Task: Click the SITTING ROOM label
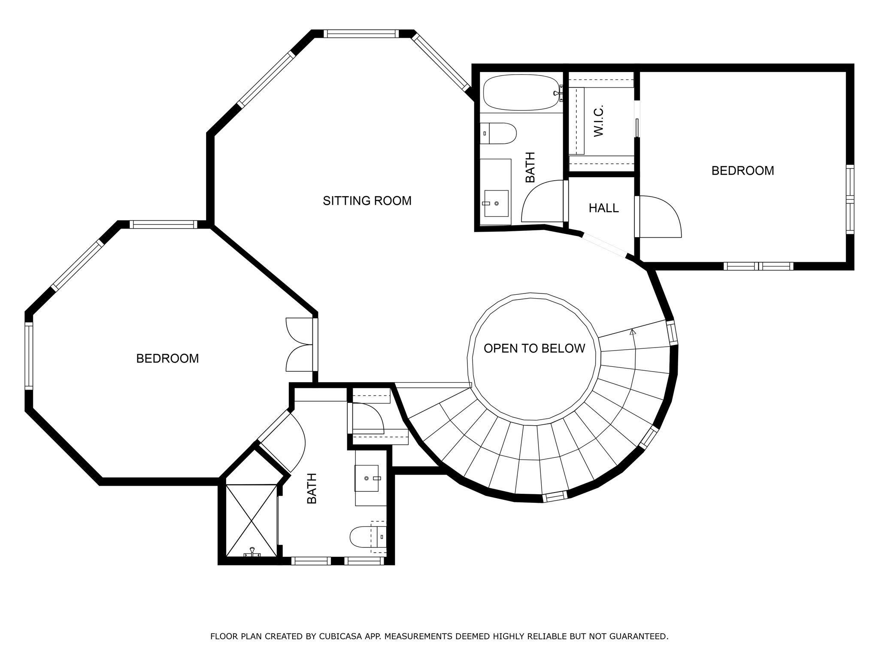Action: (367, 201)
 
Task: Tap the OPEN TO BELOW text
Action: (534, 348)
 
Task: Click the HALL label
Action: (603, 208)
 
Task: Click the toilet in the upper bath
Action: (500, 133)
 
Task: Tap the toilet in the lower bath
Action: (365, 537)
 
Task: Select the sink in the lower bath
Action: (367, 478)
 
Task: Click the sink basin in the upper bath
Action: (496, 203)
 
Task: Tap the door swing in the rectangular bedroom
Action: (659, 217)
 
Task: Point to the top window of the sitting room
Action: (361, 34)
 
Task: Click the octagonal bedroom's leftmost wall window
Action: (29, 356)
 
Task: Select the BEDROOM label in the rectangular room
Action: (743, 171)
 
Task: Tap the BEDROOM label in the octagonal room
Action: (167, 359)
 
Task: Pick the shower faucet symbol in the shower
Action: (252, 552)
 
